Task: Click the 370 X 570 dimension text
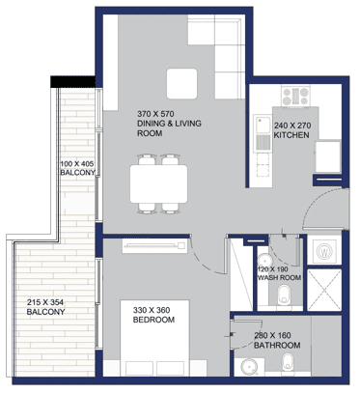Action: [155, 114]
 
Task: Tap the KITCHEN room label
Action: [291, 135]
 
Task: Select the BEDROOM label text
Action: [153, 320]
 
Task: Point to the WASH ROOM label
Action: [280, 278]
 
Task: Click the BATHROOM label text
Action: [277, 346]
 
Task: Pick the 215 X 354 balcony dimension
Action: [45, 302]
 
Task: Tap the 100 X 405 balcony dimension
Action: [77, 163]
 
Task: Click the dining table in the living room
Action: [159, 184]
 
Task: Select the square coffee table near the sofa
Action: [181, 84]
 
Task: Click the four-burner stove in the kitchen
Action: [295, 96]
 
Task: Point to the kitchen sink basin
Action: [263, 125]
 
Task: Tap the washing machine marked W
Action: [324, 251]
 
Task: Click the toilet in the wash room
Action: [284, 295]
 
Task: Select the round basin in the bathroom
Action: [251, 367]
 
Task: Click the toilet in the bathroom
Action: [288, 363]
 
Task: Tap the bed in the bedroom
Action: [154, 338]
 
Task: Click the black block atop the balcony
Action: [73, 81]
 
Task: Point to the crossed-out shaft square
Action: [324, 290]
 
